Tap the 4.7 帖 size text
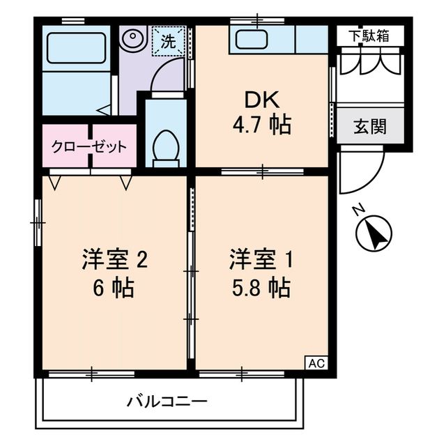(x=262, y=125)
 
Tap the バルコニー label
(x=167, y=401)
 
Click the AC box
(x=316, y=363)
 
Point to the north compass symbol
(x=374, y=231)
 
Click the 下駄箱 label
(x=369, y=36)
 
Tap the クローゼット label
(x=89, y=147)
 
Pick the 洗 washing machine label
(x=169, y=41)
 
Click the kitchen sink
(x=252, y=40)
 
